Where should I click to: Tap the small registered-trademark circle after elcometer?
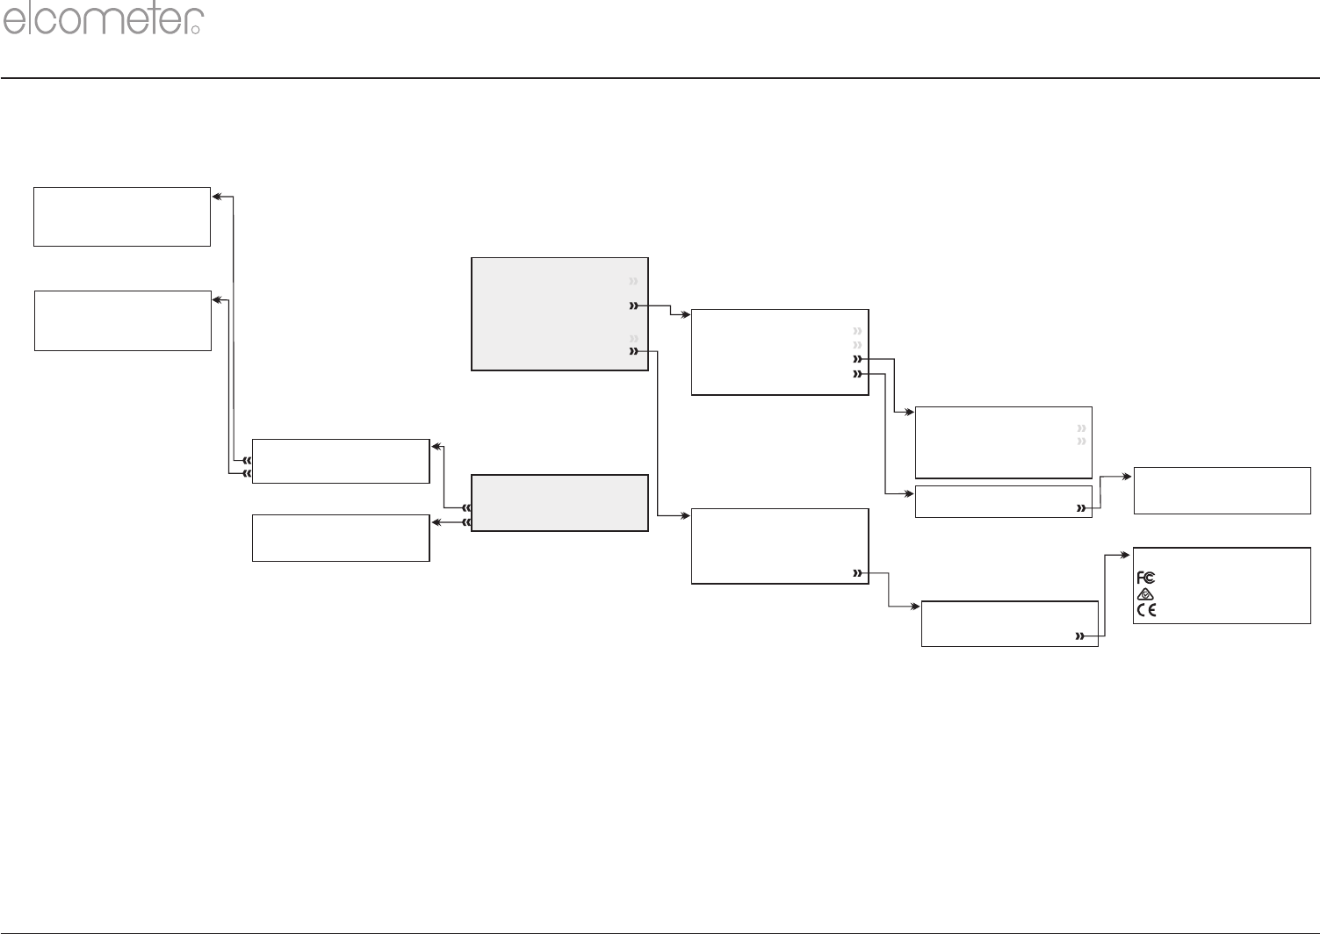196,29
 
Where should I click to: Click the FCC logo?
1145,578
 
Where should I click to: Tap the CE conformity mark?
1146,610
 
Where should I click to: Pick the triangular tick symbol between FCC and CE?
1145,594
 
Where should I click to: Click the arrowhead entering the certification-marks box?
1128,555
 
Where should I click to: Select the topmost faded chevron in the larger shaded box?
632,281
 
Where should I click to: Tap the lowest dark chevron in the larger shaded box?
632,352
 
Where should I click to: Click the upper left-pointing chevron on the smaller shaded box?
467,507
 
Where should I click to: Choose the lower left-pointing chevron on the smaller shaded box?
467,523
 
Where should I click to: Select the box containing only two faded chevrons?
1003,442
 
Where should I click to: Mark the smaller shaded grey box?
559,503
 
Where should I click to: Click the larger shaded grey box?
559,313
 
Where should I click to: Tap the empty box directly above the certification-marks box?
1222,490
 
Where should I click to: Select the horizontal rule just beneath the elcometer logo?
660,78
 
